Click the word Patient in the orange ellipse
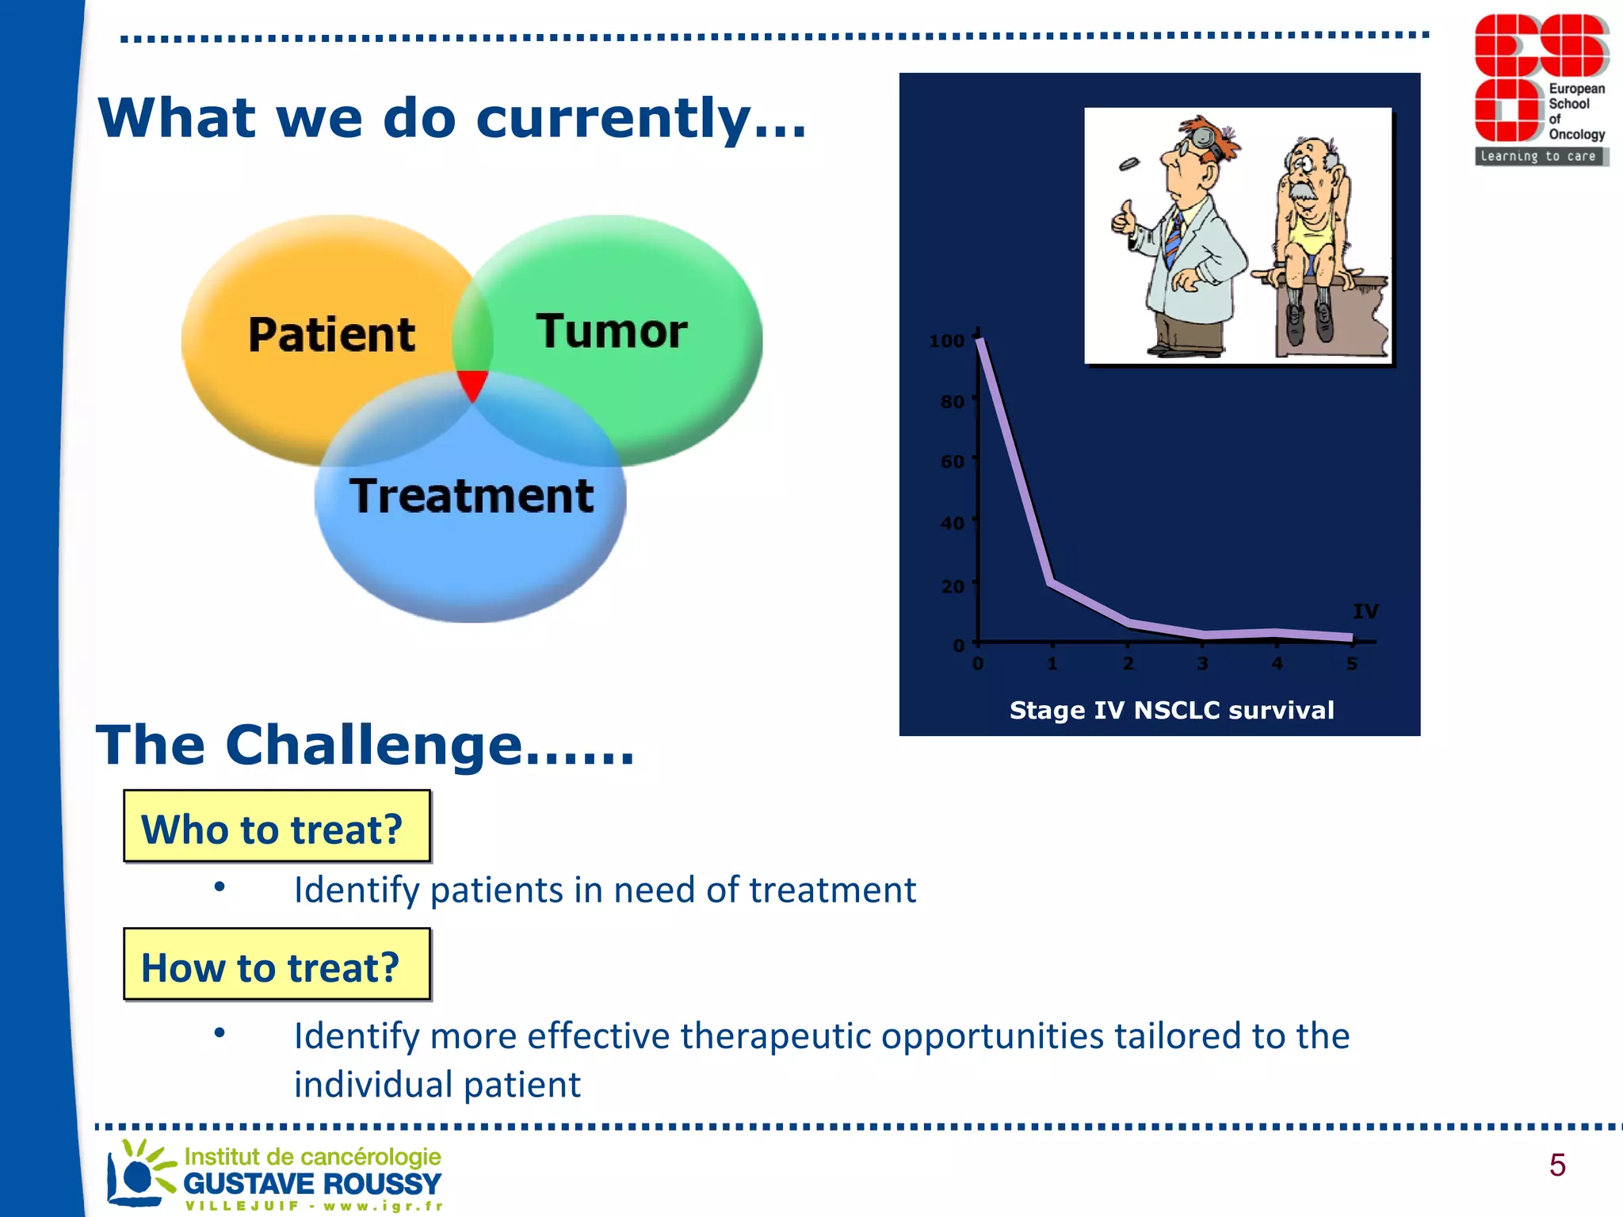331,334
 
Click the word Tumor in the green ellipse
612,331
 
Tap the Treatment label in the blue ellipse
472,496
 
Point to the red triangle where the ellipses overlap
472,384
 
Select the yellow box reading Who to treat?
277,826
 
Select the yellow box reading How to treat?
277,964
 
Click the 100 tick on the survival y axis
947,341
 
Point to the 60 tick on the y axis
953,461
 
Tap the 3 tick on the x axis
1202,663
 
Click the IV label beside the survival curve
1365,611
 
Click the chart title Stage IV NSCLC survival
1171,710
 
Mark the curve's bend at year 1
1052,582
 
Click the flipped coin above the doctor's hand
1128,164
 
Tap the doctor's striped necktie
1174,237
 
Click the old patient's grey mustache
1301,193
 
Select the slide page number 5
1556,1165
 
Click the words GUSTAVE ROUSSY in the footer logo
312,1184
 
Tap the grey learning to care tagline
1538,156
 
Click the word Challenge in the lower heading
373,745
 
